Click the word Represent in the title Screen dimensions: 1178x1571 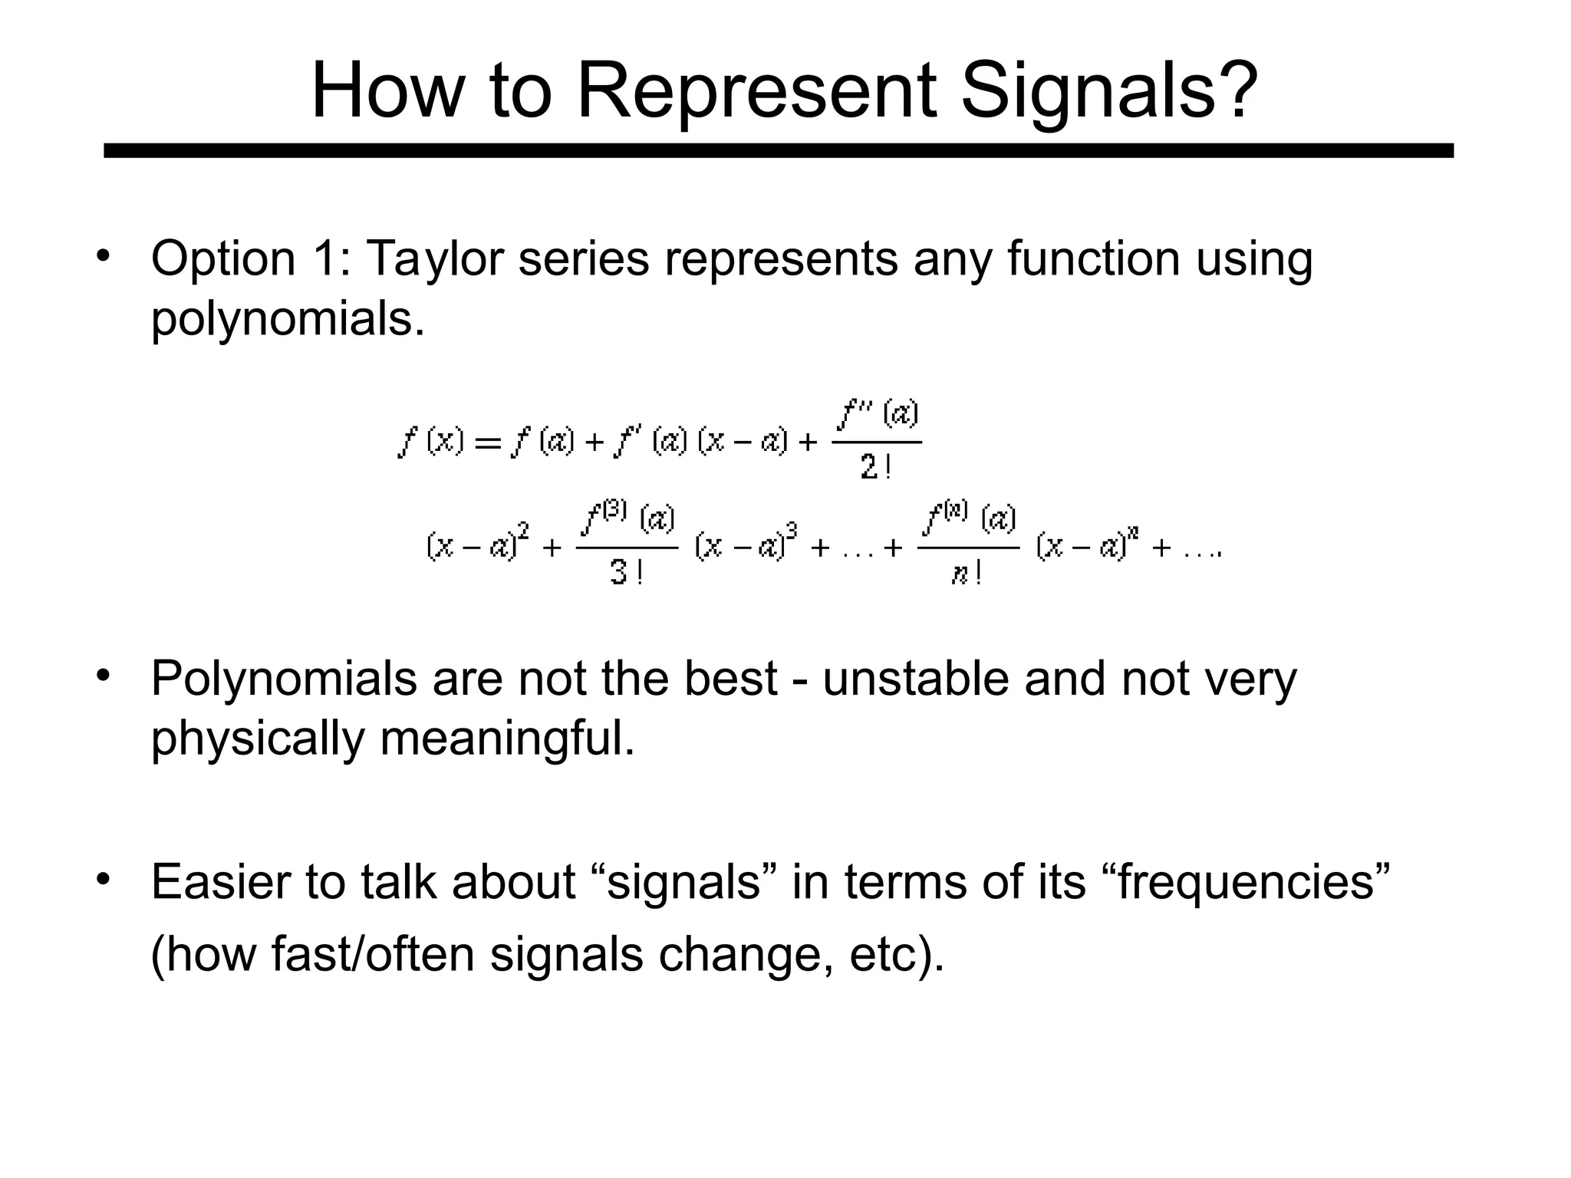(756, 91)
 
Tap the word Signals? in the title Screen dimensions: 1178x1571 (1108, 91)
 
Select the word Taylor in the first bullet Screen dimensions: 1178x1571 (434, 258)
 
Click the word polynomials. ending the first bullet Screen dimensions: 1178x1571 (288, 319)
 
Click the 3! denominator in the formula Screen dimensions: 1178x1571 (626, 572)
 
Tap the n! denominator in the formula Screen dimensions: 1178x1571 (967, 573)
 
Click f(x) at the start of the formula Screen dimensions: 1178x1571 (431, 442)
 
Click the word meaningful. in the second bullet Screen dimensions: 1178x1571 (507, 739)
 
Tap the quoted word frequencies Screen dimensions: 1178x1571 (1250, 882)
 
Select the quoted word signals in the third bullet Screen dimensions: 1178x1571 (682, 882)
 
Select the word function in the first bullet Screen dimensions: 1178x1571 (1093, 258)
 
